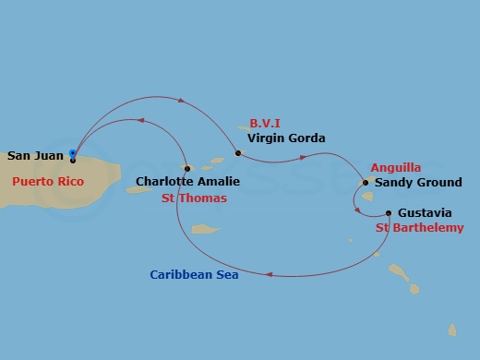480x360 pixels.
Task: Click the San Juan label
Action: [x=36, y=157]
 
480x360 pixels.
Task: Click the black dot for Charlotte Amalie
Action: [x=186, y=169]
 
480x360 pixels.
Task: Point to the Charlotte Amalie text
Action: [x=182, y=182]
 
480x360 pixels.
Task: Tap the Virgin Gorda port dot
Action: [x=238, y=153]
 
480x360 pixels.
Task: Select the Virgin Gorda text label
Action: [x=285, y=138]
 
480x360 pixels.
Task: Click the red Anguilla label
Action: [x=395, y=168]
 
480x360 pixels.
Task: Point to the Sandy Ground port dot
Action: [x=366, y=183]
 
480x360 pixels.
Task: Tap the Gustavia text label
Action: [x=426, y=213]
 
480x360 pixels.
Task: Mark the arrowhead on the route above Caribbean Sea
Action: [x=269, y=273]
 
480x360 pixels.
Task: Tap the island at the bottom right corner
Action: [x=452, y=330]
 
